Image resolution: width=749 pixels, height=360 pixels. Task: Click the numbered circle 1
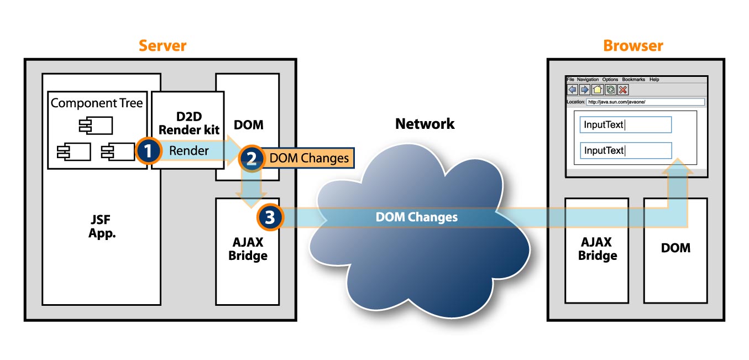tap(148, 151)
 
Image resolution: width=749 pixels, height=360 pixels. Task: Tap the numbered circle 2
tap(252, 159)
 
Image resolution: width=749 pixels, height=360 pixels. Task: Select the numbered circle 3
tap(270, 217)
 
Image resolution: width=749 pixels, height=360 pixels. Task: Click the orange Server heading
tap(163, 45)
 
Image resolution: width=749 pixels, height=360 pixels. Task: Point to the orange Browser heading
tap(633, 45)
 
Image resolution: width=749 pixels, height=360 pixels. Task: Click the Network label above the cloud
tap(425, 124)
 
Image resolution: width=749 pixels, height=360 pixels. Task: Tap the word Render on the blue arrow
tap(189, 150)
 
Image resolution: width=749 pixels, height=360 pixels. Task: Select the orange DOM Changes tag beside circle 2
tap(309, 159)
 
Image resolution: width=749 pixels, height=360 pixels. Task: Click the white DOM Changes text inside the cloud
tap(416, 217)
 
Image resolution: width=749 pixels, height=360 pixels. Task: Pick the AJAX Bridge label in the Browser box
tap(598, 249)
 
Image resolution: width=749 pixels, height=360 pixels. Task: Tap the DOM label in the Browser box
tap(675, 248)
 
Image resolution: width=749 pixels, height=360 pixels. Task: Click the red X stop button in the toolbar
tap(623, 90)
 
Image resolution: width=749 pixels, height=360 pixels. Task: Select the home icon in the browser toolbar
tap(598, 90)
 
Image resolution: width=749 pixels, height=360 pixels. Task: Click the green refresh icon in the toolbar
tap(610, 90)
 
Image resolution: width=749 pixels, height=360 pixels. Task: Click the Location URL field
tap(645, 102)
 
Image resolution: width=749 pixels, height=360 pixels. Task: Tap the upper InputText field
tap(625, 125)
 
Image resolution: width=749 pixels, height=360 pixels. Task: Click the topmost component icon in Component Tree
tap(96, 126)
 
